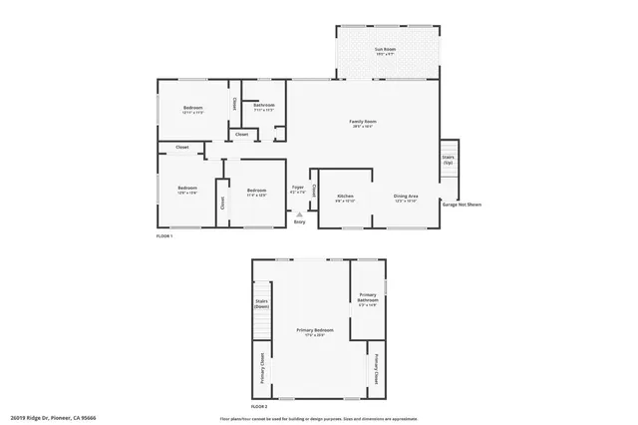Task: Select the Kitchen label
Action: (x=346, y=198)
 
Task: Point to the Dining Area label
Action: (x=406, y=198)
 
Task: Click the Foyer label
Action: (x=297, y=189)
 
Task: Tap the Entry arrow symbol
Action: (x=299, y=212)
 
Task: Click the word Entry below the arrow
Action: (x=299, y=221)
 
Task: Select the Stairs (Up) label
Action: (x=448, y=159)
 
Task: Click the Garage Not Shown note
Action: (x=462, y=204)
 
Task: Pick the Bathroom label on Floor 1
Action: (x=263, y=106)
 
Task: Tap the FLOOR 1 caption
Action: (x=164, y=236)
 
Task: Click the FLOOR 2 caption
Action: (x=260, y=407)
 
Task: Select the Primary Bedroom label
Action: (x=314, y=330)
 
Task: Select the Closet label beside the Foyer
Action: (x=315, y=190)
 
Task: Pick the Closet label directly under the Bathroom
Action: (x=242, y=134)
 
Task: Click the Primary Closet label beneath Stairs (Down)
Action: (x=262, y=368)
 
